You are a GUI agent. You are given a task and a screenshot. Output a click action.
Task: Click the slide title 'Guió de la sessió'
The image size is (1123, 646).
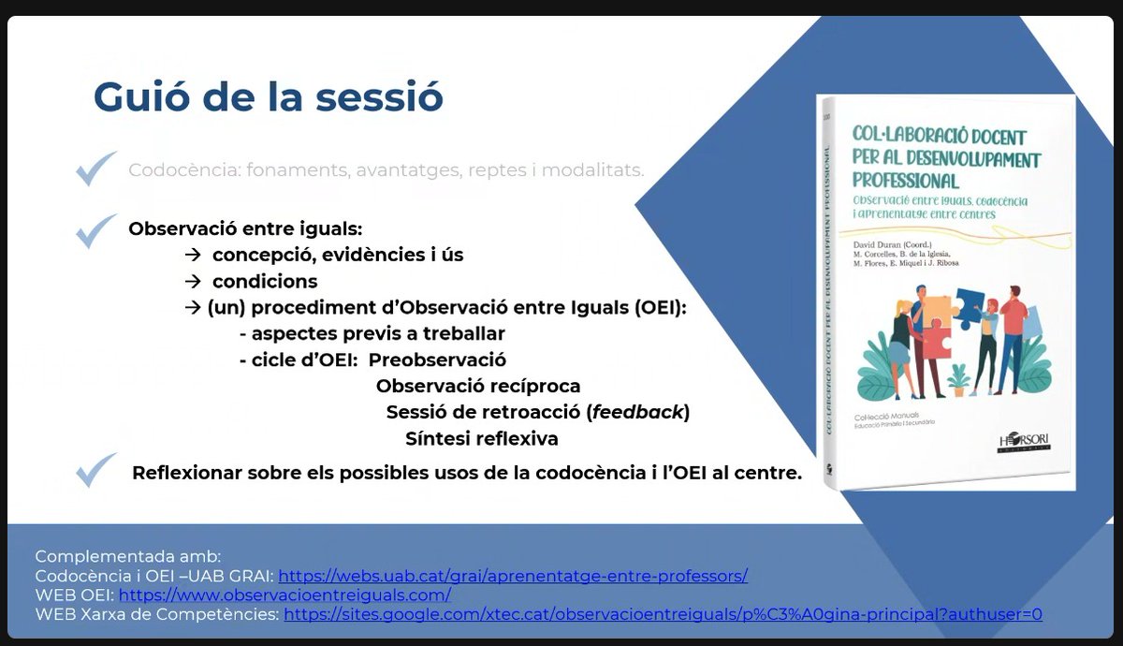coord(268,97)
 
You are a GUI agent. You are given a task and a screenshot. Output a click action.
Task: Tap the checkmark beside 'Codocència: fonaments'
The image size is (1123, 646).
coord(96,169)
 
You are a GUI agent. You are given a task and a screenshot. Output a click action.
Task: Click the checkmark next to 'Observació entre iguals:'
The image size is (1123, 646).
coord(96,230)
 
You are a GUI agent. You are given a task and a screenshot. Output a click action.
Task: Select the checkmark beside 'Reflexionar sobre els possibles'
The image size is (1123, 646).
coord(96,470)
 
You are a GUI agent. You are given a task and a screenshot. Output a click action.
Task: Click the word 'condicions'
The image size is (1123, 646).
coord(265,281)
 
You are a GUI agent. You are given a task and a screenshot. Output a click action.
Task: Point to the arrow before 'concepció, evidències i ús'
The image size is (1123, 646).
coord(194,255)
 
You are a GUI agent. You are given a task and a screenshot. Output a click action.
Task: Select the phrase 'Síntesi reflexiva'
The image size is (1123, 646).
coord(481,438)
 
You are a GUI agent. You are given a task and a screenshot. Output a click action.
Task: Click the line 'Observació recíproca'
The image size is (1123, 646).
coord(478,386)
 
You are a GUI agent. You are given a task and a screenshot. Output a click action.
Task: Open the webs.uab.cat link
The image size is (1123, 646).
coord(513,576)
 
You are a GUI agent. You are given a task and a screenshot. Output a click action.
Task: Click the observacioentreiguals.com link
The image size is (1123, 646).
coord(284,595)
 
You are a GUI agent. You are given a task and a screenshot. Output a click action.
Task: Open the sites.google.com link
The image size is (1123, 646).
coord(663,615)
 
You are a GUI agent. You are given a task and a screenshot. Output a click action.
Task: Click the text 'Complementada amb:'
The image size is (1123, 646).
coord(128,555)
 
